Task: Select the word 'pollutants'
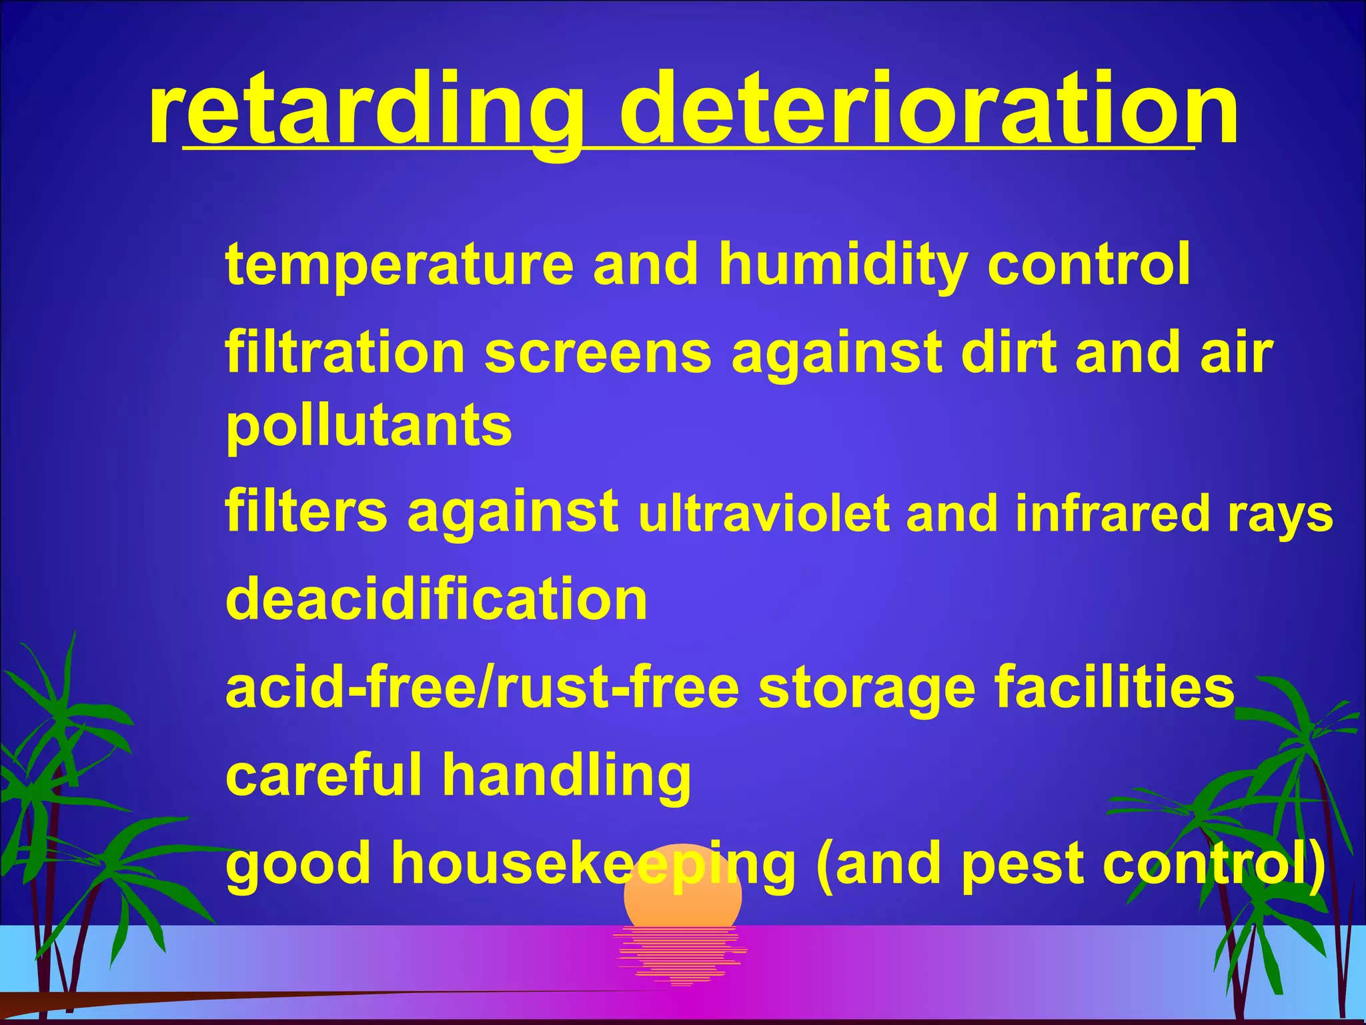(x=369, y=427)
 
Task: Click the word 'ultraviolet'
(x=763, y=514)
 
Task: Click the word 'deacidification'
(x=436, y=599)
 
